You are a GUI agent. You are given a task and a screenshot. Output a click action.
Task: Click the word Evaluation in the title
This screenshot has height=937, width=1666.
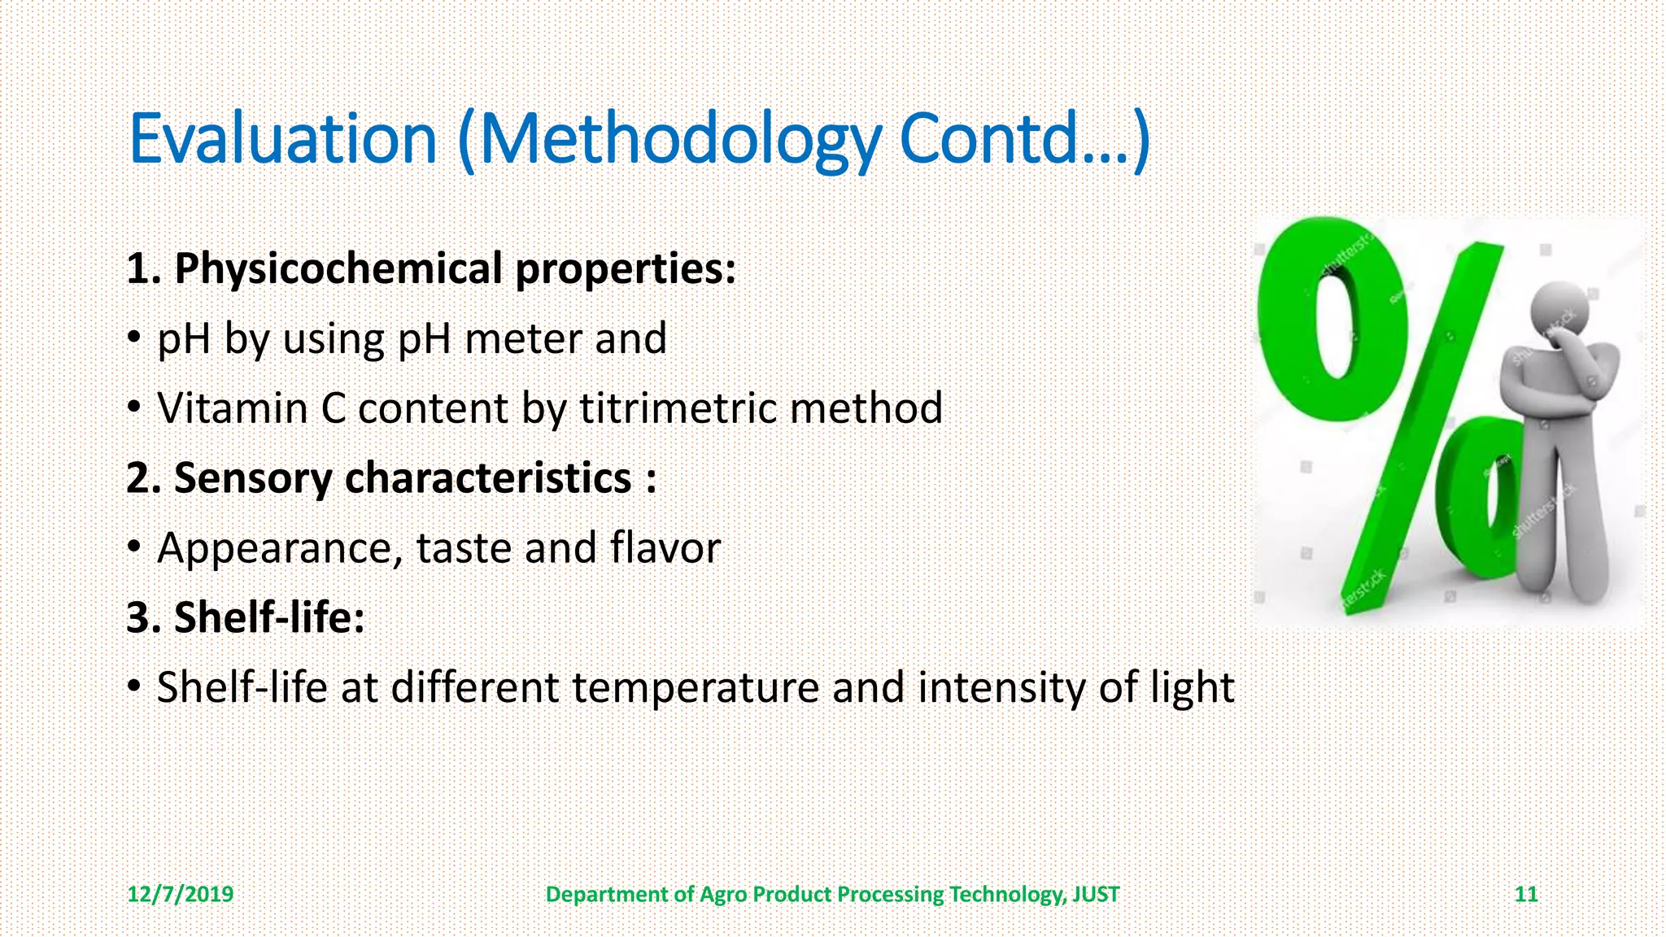(283, 138)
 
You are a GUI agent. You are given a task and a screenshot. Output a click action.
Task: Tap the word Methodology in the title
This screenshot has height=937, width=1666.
(679, 138)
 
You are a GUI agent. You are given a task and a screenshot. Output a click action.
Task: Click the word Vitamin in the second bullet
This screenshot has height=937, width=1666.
(232, 408)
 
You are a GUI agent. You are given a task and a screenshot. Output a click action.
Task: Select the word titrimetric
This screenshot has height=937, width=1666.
(677, 408)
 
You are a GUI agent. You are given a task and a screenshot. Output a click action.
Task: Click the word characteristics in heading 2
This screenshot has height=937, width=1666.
(488, 478)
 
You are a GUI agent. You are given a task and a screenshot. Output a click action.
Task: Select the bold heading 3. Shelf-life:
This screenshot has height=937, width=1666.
(246, 617)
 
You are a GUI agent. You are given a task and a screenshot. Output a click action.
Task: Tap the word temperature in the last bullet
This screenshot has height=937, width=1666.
(696, 687)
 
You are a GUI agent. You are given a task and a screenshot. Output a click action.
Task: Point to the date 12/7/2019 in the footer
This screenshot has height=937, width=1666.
(180, 895)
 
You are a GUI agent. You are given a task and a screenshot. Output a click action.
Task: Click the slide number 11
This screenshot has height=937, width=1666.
(1525, 895)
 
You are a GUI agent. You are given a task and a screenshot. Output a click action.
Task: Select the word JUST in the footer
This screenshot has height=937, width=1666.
(1095, 895)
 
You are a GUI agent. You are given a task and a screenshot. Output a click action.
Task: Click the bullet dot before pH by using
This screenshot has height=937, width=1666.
(134, 338)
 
